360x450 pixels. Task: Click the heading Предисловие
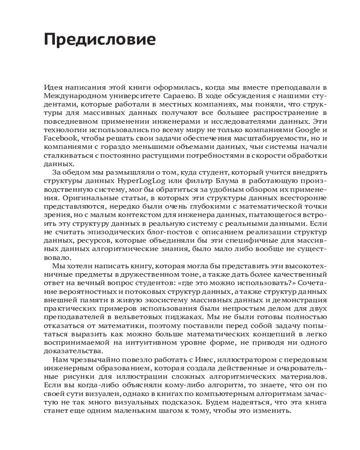tap(100, 40)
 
